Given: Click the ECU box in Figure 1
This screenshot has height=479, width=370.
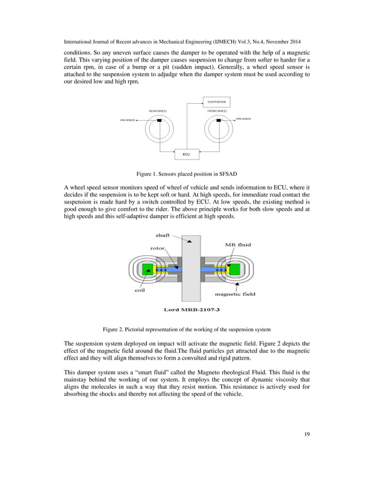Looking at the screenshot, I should (x=186, y=155).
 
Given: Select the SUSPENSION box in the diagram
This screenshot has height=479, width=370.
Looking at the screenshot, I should (x=216, y=101).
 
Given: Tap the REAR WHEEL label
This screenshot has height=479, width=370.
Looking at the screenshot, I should (x=157, y=110).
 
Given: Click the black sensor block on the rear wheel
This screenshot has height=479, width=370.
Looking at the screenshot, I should (x=158, y=121).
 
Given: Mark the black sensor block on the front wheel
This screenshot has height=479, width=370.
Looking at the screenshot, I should (x=217, y=121).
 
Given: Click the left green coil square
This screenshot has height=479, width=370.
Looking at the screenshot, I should (x=147, y=270).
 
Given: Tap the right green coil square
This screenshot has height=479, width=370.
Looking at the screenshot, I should (x=234, y=270).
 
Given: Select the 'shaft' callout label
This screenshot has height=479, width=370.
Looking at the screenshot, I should (x=163, y=235).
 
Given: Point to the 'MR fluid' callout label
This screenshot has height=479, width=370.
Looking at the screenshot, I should (x=237, y=245).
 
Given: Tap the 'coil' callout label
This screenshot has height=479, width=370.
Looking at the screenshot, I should (x=140, y=291).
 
